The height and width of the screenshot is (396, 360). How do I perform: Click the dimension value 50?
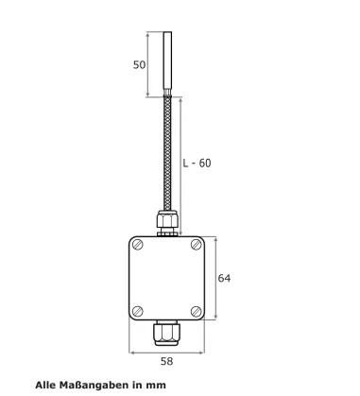point(139,65)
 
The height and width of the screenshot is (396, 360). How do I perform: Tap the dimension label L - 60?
point(197,164)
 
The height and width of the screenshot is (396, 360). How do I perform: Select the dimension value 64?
point(224,278)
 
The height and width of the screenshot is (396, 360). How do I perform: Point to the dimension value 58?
point(167,361)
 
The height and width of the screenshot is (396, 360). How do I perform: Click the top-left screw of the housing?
point(138,245)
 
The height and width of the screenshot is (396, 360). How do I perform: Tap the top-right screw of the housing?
point(197,245)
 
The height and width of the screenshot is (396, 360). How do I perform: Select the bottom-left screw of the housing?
point(138,311)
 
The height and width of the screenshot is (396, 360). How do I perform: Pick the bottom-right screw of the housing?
point(197,311)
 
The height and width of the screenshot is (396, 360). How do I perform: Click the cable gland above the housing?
point(167,223)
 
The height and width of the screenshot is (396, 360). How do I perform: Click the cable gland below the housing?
point(166,333)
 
